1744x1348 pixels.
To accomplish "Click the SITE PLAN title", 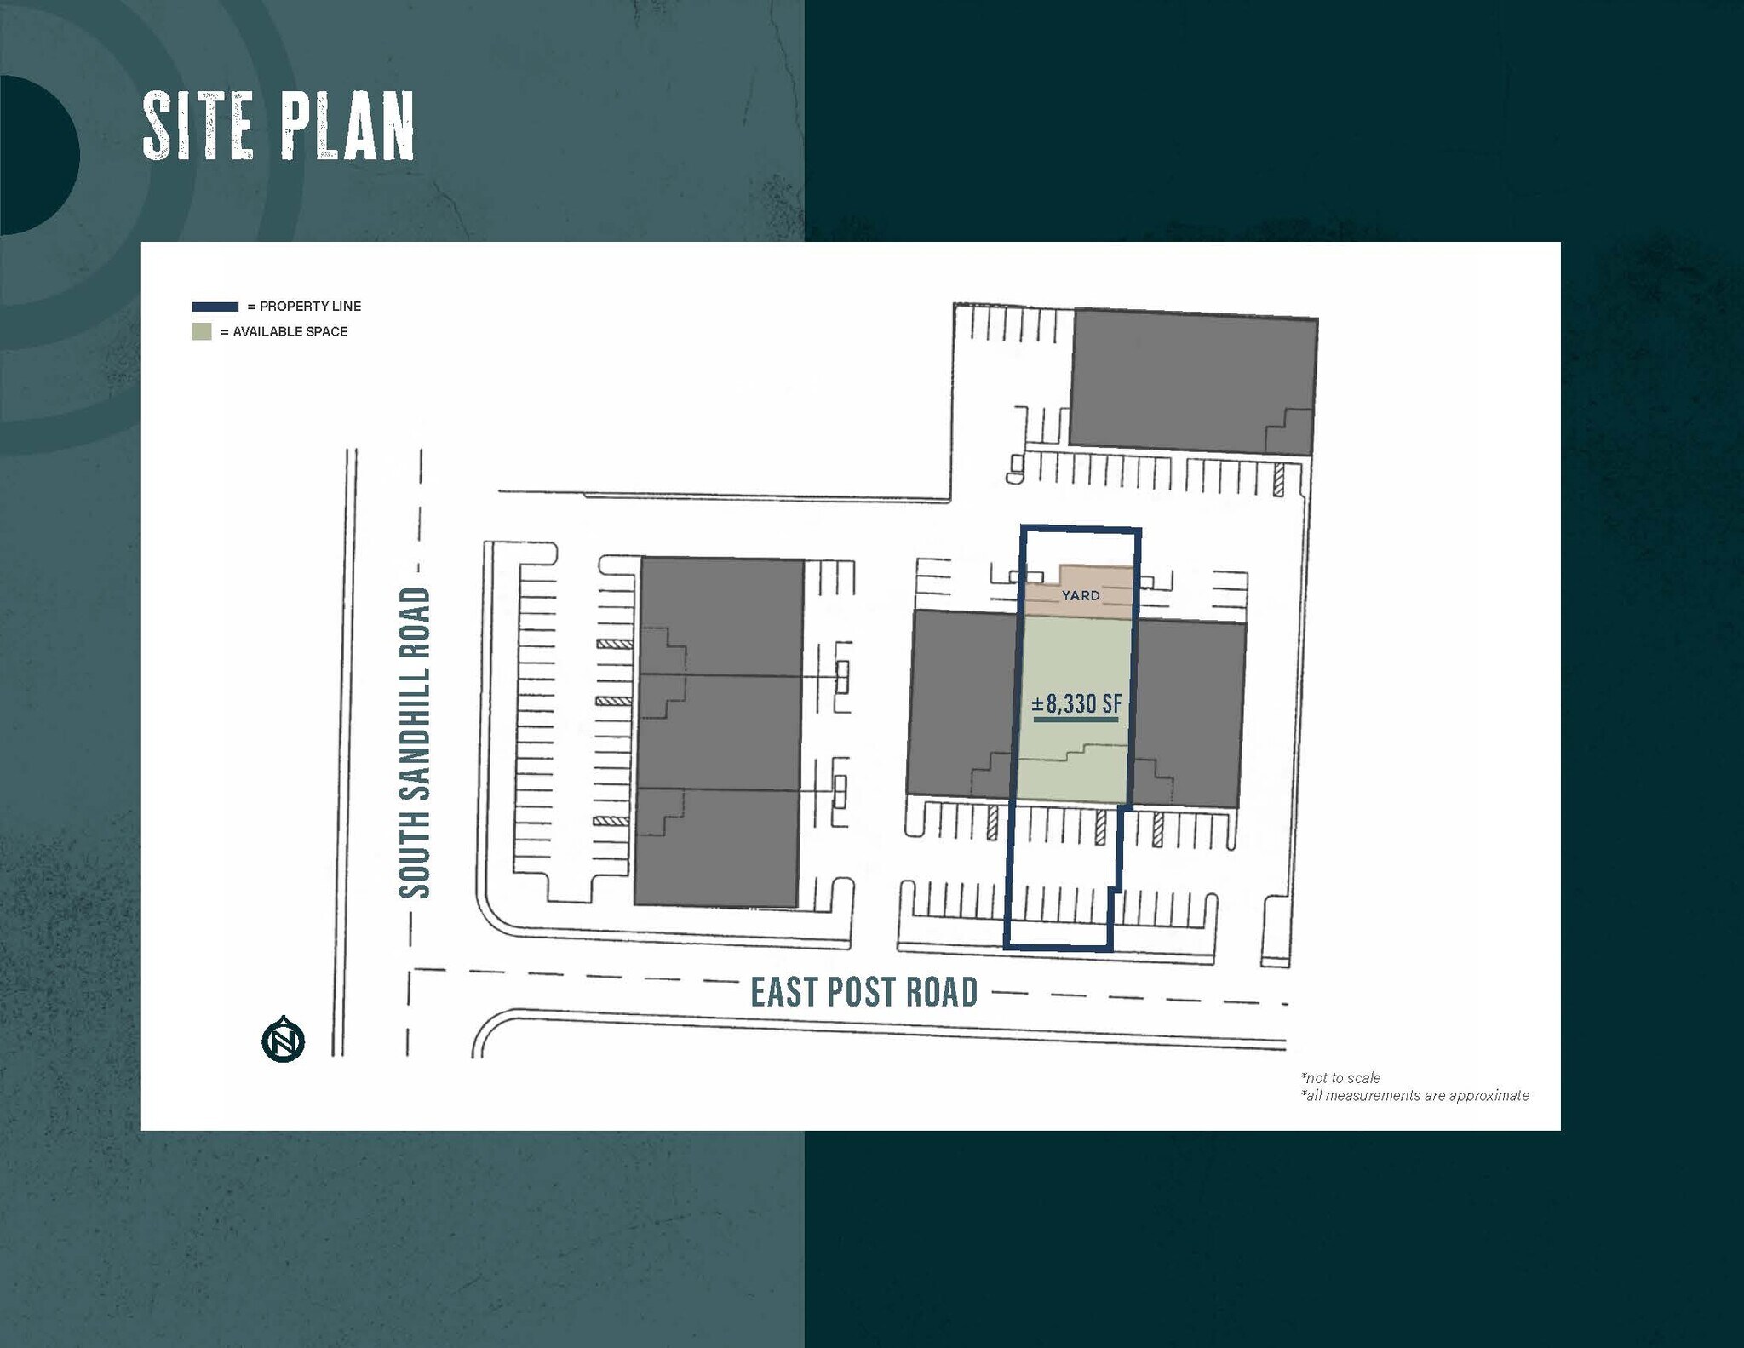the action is point(278,127).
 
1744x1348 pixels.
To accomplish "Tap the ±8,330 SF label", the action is point(1076,704).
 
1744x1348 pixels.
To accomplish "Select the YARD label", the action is point(1081,595).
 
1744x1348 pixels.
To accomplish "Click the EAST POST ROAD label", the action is point(863,992).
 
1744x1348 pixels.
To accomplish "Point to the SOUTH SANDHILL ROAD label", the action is point(416,743).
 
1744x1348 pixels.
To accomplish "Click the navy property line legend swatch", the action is point(215,307).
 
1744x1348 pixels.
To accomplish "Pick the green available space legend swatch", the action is point(202,331).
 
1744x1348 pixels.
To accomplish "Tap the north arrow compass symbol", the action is point(283,1040).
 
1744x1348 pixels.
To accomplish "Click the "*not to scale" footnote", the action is point(1340,1077).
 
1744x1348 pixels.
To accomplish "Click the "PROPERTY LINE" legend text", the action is point(310,307).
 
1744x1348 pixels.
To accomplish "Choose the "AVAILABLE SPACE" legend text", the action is point(290,331).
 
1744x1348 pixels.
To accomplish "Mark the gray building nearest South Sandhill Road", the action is point(720,732).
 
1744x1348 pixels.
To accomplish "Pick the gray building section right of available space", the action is point(1188,711).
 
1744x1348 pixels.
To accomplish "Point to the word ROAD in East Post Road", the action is point(941,992).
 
